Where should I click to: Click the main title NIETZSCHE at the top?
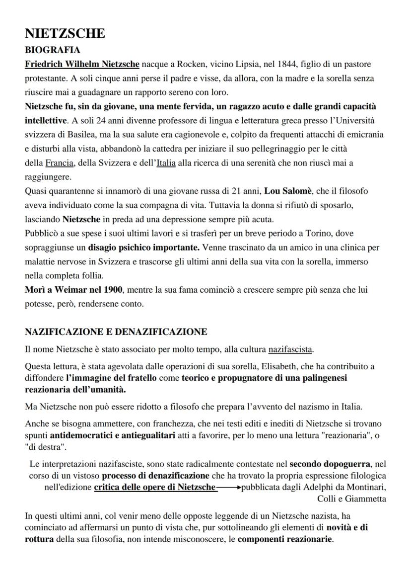[x=65, y=34]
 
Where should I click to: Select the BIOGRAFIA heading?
[x=52, y=50]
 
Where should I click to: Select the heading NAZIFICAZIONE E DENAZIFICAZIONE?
[x=116, y=332]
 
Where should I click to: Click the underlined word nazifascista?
[x=290, y=350]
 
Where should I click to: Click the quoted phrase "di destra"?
[x=46, y=447]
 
